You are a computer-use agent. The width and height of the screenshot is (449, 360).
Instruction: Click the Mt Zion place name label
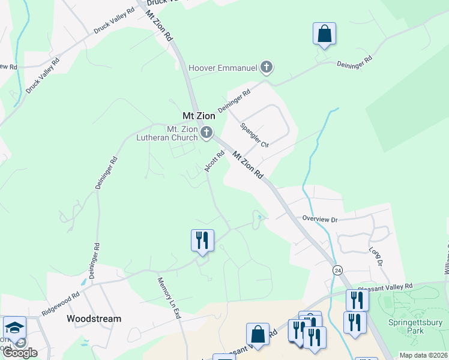199,115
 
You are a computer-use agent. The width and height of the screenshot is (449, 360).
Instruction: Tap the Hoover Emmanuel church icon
267,67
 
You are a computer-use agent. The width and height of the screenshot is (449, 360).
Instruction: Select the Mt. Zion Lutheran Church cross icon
206,133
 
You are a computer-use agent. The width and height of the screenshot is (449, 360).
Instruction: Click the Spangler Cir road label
254,136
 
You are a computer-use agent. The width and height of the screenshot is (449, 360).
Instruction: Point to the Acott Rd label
214,161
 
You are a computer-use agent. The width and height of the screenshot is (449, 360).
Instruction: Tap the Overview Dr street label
320,220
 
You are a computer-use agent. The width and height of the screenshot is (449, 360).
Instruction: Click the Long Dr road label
376,256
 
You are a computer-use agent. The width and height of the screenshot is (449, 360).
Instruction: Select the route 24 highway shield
337,271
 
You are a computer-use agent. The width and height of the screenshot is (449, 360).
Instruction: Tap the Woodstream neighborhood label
94,319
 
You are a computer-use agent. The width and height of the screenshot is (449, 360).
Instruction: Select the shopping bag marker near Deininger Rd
324,34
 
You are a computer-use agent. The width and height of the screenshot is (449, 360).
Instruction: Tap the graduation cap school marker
14,327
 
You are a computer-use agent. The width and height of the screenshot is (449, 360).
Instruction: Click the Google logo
19,353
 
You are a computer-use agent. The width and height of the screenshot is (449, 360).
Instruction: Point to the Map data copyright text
422,355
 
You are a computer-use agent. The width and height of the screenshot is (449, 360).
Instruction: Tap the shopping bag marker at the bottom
258,334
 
